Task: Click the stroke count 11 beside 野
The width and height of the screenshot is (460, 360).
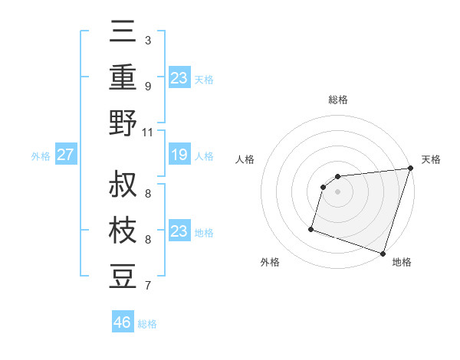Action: (148, 132)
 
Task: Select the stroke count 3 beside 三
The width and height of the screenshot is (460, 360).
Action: (148, 40)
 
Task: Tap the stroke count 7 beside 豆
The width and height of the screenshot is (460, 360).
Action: (148, 286)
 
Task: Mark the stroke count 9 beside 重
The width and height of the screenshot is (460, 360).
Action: (148, 86)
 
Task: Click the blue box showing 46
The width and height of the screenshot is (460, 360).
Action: (123, 322)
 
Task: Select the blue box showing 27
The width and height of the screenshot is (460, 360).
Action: (65, 155)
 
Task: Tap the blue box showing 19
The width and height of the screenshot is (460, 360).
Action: (179, 155)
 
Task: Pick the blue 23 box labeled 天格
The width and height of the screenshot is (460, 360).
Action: (179, 78)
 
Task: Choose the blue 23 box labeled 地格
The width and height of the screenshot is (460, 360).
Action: (179, 231)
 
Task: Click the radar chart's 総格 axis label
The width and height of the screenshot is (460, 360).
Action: (338, 100)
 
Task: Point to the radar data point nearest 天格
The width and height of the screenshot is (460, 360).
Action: (410, 169)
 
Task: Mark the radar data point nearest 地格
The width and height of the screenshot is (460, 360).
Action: (383, 253)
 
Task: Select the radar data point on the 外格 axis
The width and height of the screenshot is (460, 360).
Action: (311, 228)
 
